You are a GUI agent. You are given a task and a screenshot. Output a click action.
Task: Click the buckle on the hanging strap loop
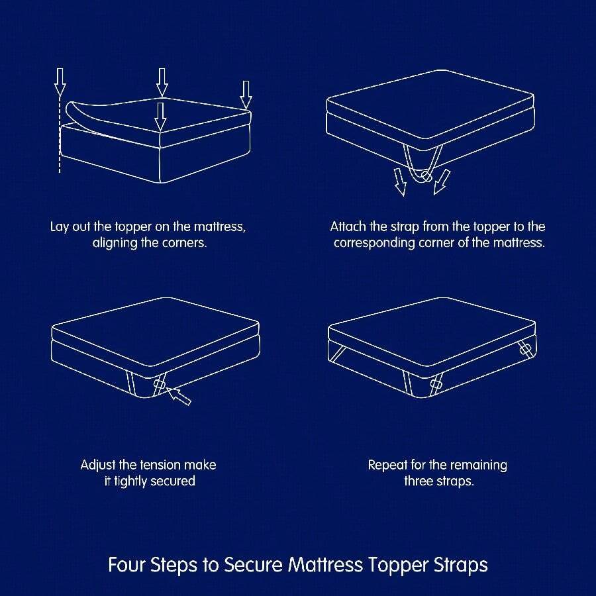[426, 177]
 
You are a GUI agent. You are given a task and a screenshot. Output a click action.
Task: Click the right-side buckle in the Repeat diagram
[527, 349]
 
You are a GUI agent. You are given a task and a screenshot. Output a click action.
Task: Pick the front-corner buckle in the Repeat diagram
[436, 384]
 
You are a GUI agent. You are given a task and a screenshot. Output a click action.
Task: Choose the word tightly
[130, 481]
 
